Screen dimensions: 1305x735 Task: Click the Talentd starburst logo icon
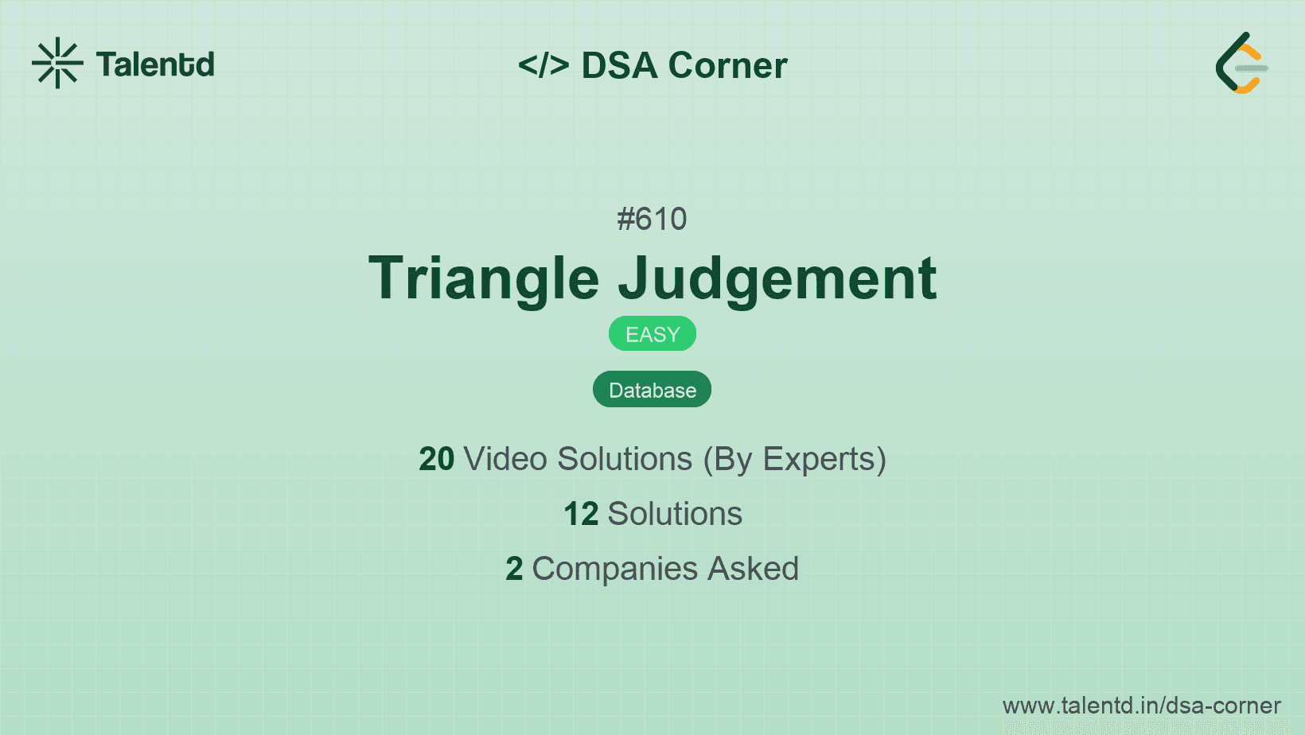pos(57,63)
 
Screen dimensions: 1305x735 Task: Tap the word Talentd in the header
pos(155,64)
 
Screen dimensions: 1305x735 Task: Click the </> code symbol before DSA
pos(543,64)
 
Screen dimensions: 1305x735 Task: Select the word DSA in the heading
pos(619,65)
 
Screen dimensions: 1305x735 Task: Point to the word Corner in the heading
pos(727,65)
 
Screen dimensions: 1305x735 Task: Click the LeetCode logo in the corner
pos(1241,63)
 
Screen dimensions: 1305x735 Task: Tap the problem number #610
pos(652,219)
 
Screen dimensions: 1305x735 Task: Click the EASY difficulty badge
pos(652,334)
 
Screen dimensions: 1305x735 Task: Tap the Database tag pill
pos(652,390)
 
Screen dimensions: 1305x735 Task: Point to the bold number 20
pos(436,459)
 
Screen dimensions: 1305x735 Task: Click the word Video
pos(506,459)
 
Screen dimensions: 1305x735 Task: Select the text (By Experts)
pos(795,460)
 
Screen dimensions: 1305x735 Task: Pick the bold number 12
pos(581,514)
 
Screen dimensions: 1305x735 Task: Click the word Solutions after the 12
pos(675,514)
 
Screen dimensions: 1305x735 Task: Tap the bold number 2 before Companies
pos(514,569)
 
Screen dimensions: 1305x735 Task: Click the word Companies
pos(614,569)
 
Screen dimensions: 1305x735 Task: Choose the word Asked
pos(753,569)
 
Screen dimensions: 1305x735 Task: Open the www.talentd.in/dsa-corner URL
pos(1141,706)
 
